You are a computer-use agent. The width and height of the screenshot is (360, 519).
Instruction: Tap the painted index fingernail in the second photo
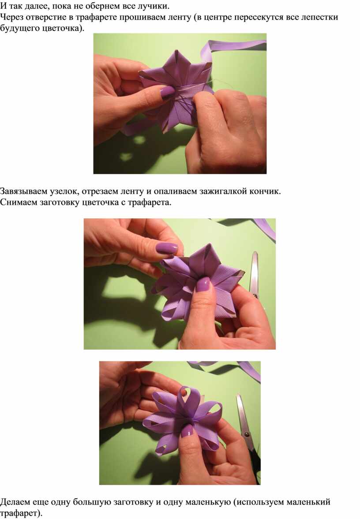167,248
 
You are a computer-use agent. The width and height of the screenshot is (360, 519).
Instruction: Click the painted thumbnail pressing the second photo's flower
203,284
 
